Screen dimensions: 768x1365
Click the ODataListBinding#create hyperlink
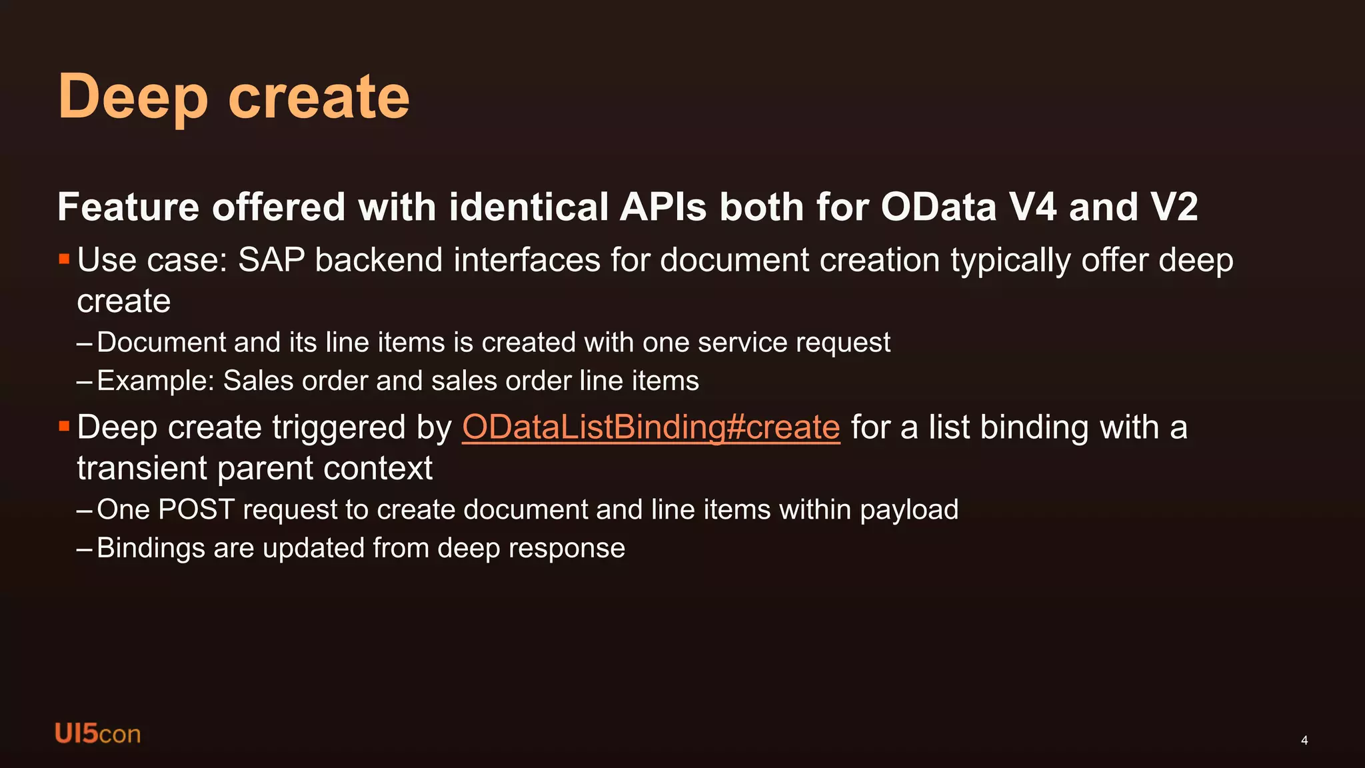pos(651,427)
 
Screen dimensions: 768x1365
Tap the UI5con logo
pos(97,733)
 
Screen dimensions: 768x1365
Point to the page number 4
pos(1304,740)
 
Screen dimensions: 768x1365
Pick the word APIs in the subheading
pos(663,207)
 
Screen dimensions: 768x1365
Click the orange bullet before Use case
pos(64,259)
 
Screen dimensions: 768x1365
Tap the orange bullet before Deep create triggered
pos(64,426)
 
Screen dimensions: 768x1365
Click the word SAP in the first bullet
pos(271,260)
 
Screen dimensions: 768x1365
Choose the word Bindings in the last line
pos(151,549)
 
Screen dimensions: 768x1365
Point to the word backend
pos(379,260)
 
